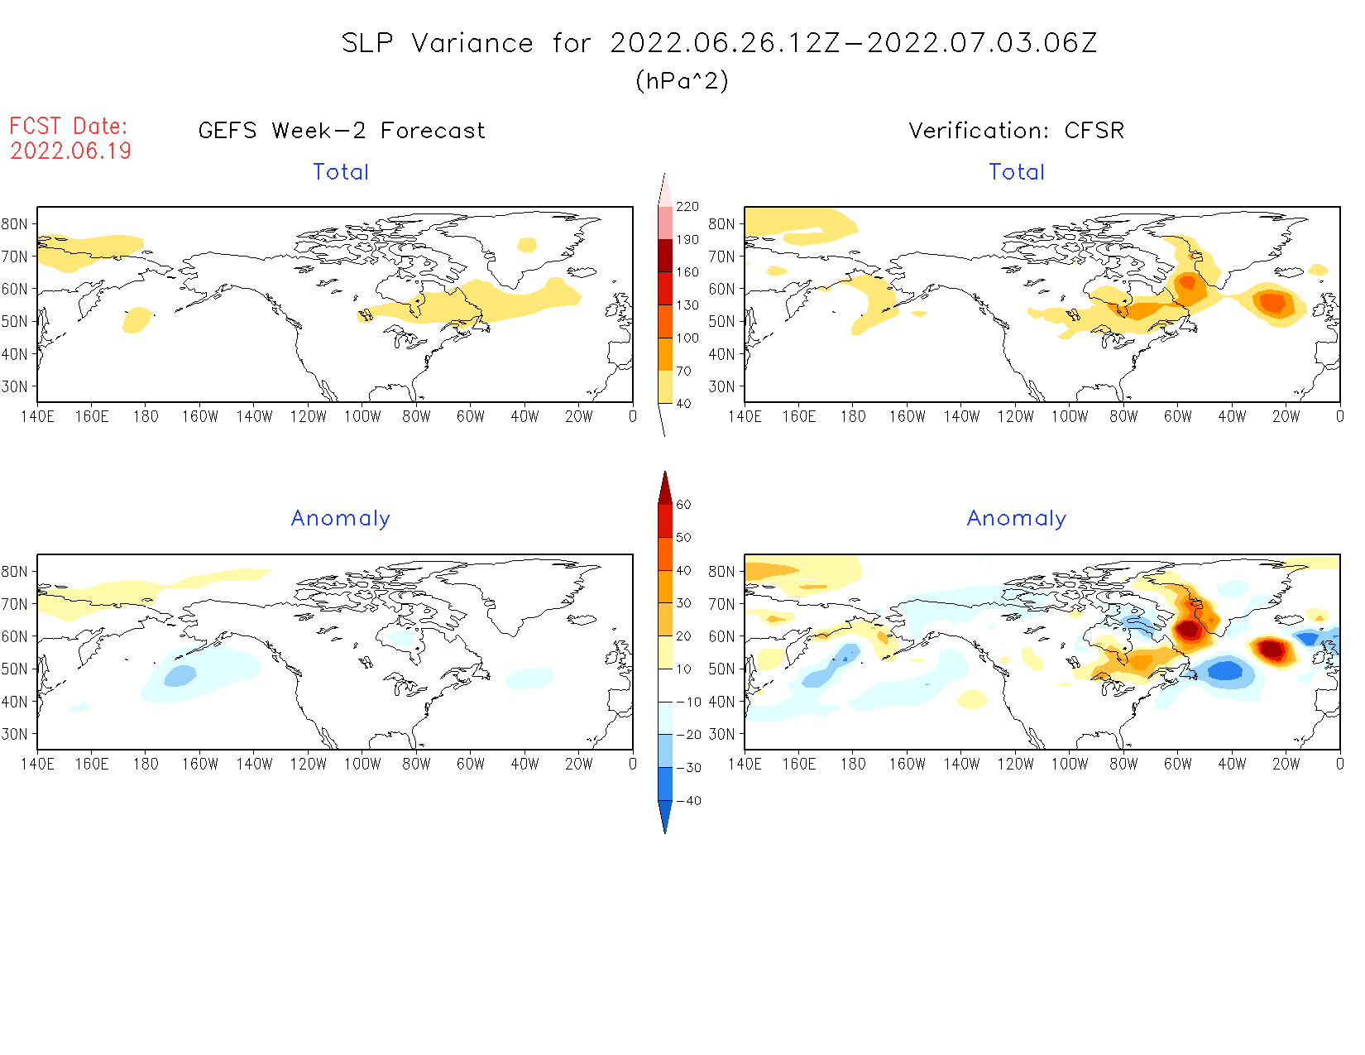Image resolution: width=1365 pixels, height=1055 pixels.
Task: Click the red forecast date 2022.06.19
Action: (x=70, y=151)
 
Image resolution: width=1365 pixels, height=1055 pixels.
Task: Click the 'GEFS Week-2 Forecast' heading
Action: (x=342, y=131)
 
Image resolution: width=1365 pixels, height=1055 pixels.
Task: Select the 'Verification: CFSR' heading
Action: (x=1016, y=131)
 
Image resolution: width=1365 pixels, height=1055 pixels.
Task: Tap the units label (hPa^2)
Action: (x=682, y=80)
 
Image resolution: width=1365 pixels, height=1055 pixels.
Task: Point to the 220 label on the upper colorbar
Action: (x=687, y=207)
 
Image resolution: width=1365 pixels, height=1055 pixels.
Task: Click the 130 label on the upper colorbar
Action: (x=687, y=305)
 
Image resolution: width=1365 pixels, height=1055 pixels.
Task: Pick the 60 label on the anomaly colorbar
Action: (x=683, y=505)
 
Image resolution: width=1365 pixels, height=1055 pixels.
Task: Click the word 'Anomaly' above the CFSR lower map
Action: (x=1016, y=518)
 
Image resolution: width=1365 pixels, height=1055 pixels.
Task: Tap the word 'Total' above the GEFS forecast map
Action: (x=341, y=172)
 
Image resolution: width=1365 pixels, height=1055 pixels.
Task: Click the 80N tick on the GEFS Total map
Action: (x=15, y=224)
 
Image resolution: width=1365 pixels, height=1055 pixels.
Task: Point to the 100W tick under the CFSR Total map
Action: (x=1069, y=417)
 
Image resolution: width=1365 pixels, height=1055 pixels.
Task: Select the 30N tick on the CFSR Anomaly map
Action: (x=721, y=734)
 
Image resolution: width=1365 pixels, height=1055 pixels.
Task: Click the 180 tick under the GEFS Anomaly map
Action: (x=146, y=765)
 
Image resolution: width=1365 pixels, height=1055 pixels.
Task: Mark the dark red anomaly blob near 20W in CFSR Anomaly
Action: (x=1272, y=649)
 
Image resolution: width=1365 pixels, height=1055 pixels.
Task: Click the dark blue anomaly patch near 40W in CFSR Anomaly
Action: (x=1225, y=670)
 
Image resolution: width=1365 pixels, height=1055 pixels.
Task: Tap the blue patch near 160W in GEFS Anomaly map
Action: (x=180, y=676)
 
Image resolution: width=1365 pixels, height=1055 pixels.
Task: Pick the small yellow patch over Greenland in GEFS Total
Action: (x=527, y=244)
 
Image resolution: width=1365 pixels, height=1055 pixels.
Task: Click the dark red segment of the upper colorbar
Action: (x=665, y=256)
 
